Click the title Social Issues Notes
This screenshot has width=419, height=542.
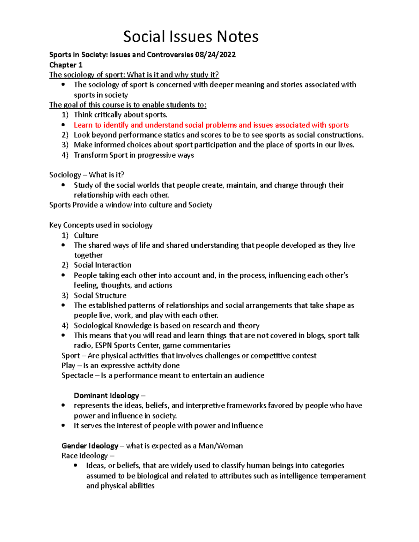coord(191,37)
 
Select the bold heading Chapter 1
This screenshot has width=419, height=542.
coord(66,65)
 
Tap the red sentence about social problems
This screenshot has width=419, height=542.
coord(211,125)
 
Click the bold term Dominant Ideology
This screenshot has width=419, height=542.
coord(106,395)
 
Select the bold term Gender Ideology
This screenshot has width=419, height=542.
coord(90,446)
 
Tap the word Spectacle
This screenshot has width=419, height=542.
coord(77,376)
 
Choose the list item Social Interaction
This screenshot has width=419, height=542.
coord(102,265)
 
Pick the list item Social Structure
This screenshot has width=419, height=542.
coord(100,296)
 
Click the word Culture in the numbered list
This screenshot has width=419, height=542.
coord(86,235)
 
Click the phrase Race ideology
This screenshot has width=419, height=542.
coord(84,456)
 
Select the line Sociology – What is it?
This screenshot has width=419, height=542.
coord(86,175)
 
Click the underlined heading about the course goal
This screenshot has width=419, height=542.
coord(128,105)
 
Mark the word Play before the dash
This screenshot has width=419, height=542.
coord(68,366)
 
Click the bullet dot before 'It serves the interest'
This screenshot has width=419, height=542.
coord(63,425)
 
